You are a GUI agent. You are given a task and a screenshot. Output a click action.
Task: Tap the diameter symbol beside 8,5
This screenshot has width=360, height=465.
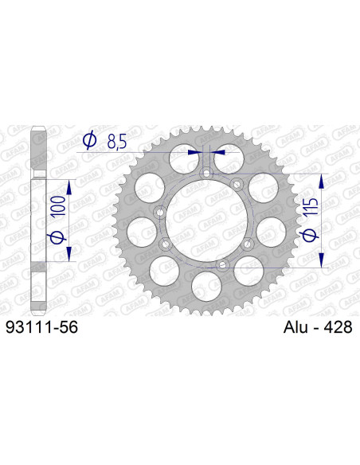[90, 142]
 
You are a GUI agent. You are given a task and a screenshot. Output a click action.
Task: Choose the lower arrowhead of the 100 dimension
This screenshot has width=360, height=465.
[69, 254]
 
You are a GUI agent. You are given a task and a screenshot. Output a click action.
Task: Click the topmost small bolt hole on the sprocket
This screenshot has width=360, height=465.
[205, 174]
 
